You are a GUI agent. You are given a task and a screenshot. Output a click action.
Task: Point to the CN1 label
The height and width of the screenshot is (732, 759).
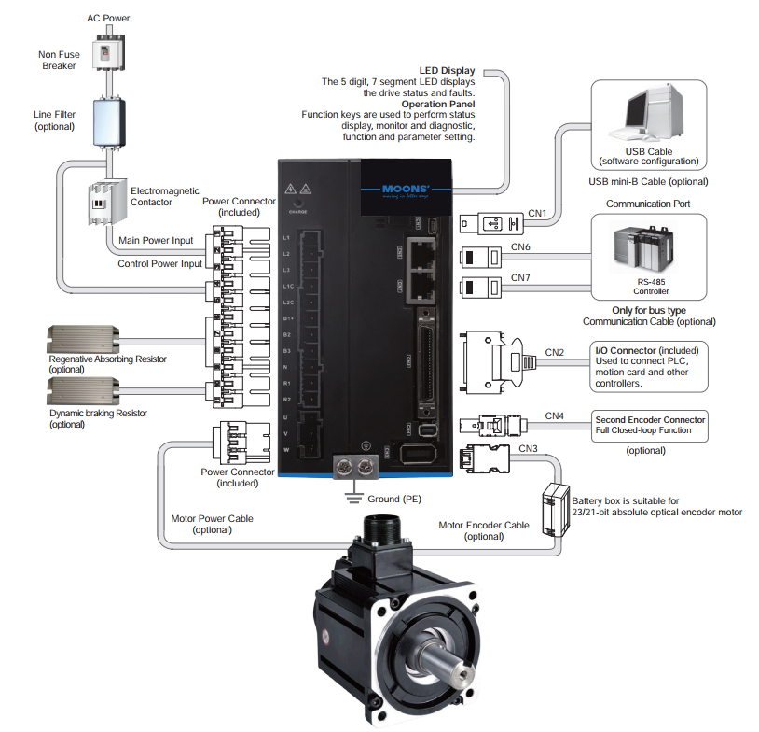click(x=537, y=214)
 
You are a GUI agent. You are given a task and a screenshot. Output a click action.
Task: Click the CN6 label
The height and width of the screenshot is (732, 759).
click(x=520, y=247)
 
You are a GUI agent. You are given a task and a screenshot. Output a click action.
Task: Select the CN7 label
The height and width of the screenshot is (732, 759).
click(x=520, y=278)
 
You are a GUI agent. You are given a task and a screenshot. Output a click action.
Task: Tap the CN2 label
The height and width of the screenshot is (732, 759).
click(x=555, y=352)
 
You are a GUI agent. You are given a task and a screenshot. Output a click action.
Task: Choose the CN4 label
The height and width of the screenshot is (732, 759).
click(x=555, y=415)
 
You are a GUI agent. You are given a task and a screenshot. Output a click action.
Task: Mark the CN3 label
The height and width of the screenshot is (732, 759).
click(x=528, y=448)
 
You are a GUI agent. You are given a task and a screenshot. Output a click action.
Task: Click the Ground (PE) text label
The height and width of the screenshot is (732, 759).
click(x=393, y=500)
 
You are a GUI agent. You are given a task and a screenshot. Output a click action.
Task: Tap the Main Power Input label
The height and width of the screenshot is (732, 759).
click(x=156, y=241)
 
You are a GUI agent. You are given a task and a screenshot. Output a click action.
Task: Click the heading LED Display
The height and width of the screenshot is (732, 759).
click(x=447, y=70)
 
